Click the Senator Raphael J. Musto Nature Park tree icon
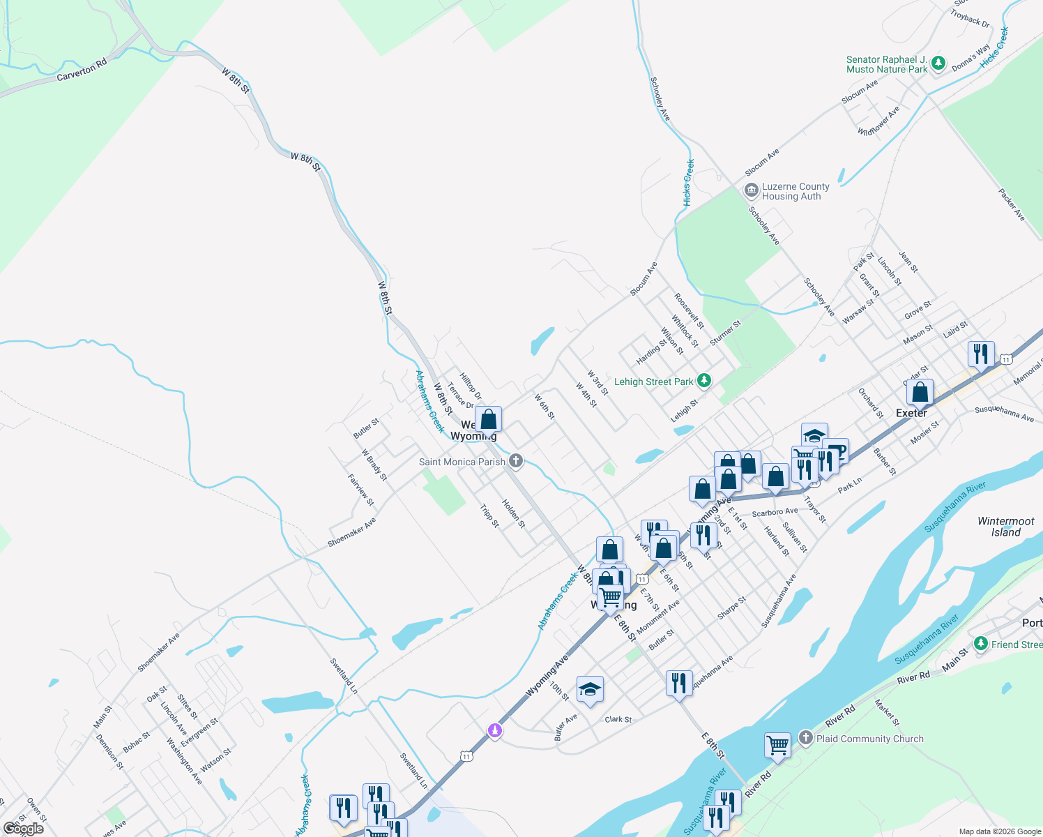click(938, 64)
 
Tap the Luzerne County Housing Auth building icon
click(751, 190)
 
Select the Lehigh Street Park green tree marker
click(704, 381)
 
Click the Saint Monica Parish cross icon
click(516, 460)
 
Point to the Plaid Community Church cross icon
click(806, 738)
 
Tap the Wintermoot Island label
click(1006, 527)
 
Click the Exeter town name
click(911, 413)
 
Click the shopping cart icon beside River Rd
click(777, 744)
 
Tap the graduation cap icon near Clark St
click(590, 689)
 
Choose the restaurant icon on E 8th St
click(678, 682)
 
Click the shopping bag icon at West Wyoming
click(489, 419)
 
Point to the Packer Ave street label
click(1011, 204)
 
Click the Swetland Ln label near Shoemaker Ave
click(344, 675)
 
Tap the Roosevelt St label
click(689, 310)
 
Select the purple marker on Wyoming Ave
click(494, 730)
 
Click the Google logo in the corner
click(24, 828)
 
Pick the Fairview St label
click(360, 490)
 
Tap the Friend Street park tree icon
click(981, 643)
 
